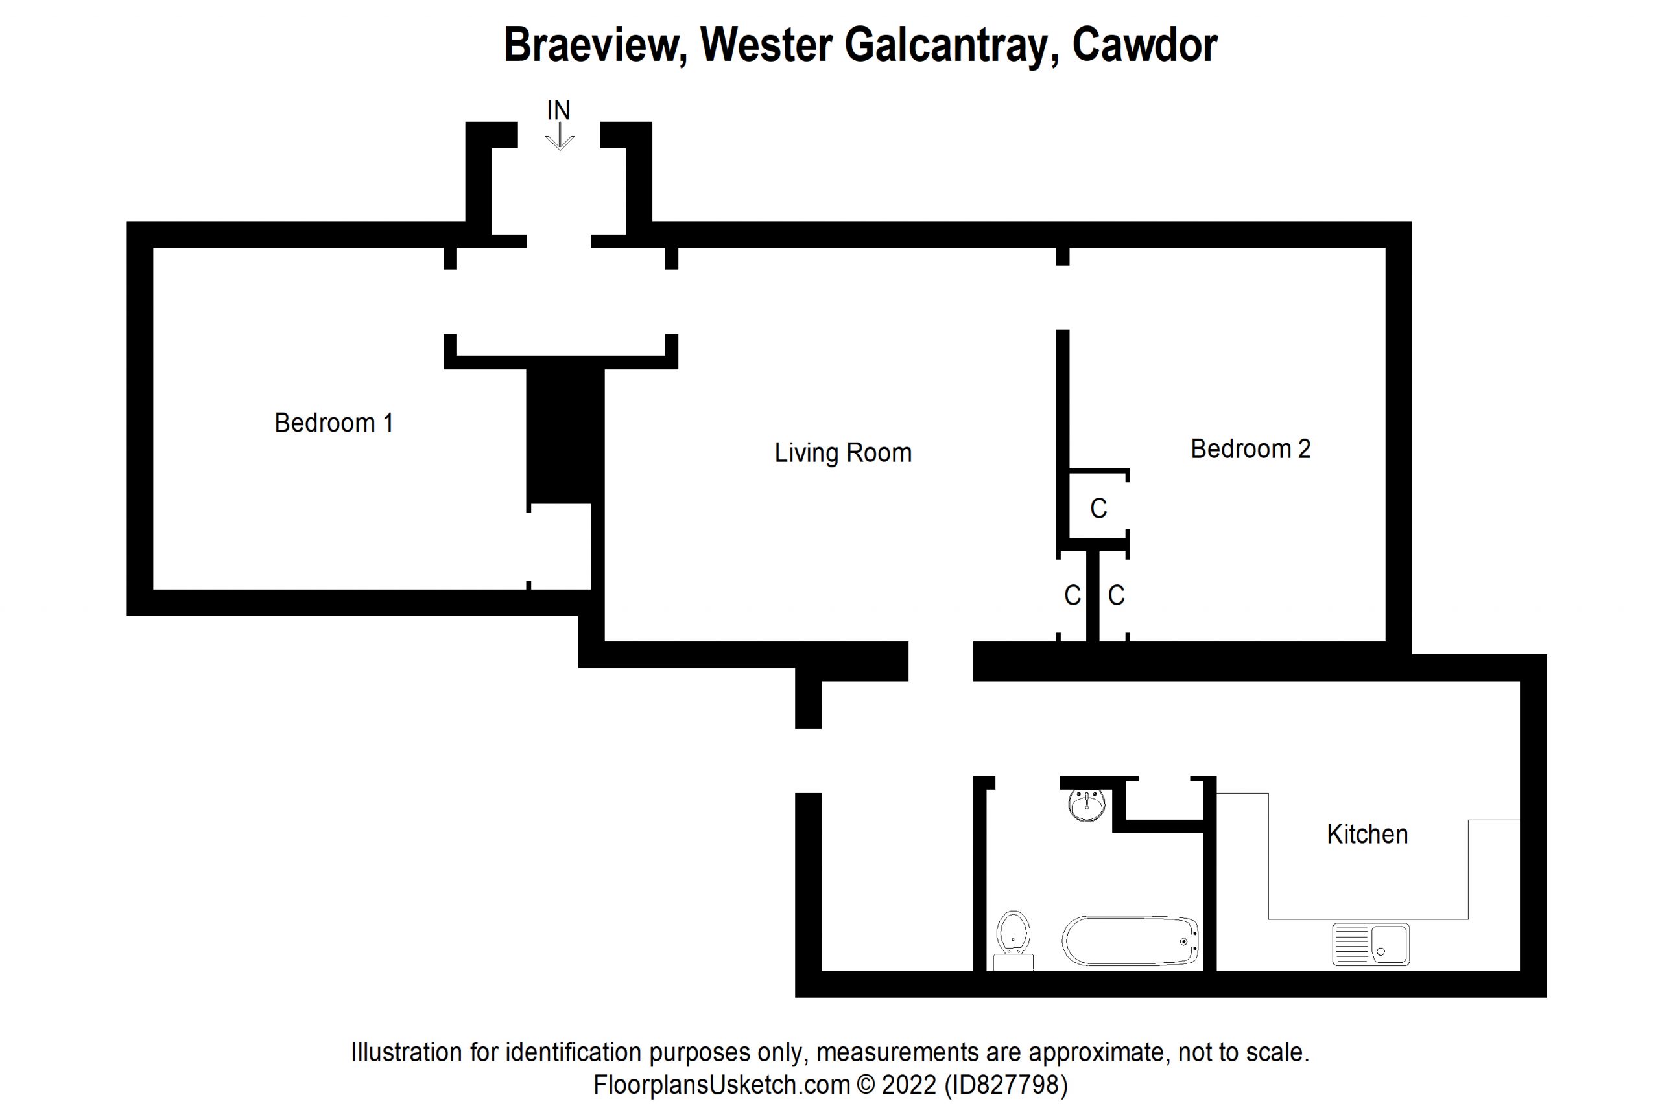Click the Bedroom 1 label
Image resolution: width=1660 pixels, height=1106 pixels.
tap(333, 423)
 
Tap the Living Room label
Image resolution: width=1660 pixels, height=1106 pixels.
tap(843, 453)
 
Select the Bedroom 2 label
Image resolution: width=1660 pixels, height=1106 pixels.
tap(1250, 449)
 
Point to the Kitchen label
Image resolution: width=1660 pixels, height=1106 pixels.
tap(1367, 835)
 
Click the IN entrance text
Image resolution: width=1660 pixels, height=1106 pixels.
tap(558, 110)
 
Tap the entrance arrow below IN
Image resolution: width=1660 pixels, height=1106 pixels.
tap(560, 137)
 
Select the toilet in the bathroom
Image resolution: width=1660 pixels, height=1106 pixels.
tap(1013, 939)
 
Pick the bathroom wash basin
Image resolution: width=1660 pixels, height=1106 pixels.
tap(1087, 805)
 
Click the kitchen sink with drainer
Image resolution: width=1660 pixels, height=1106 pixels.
tap(1371, 944)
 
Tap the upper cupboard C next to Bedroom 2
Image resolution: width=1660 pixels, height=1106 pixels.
tap(1098, 509)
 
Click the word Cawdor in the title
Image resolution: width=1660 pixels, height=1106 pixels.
tap(1144, 45)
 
